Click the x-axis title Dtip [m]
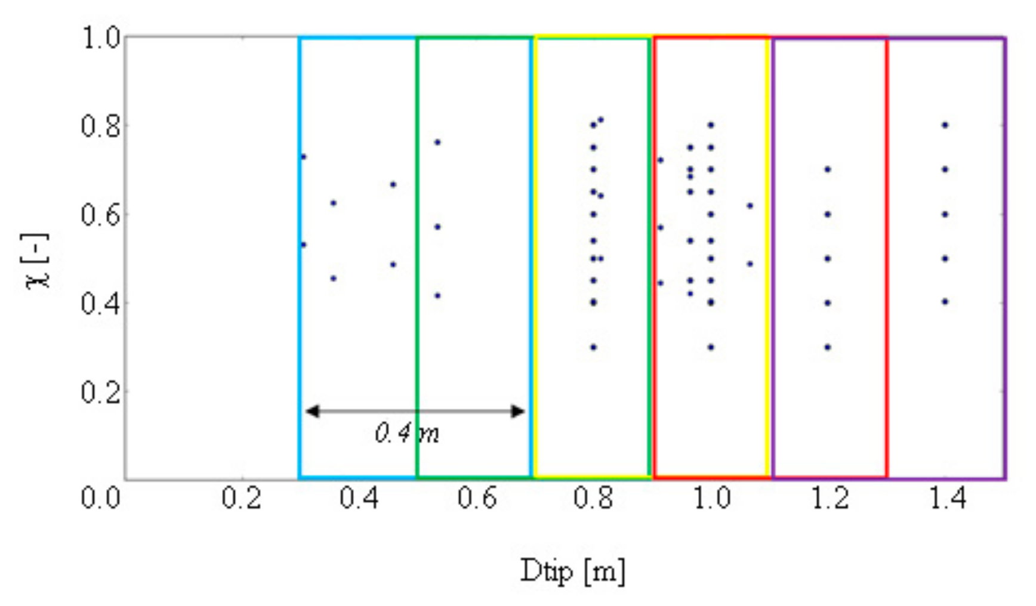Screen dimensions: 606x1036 click(572, 571)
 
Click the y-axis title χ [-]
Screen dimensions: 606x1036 click(37, 261)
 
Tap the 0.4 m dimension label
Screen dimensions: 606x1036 click(407, 433)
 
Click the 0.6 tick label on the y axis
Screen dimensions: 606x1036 click(101, 214)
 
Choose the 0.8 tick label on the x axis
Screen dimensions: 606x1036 click(593, 497)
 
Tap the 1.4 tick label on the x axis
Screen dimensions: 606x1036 click(948, 497)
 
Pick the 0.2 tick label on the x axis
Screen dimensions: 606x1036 click(241, 497)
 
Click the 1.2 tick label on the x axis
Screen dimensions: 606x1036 click(830, 497)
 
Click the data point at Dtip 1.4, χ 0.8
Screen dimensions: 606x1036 click(945, 125)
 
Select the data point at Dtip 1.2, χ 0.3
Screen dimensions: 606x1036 click(828, 347)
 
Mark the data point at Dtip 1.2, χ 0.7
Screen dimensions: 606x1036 click(828, 169)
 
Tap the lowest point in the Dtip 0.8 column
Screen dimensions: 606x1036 click(593, 347)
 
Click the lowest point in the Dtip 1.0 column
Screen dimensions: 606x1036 click(711, 347)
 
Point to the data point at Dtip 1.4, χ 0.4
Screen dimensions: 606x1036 click(945, 302)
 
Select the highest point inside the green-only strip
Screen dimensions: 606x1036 click(437, 142)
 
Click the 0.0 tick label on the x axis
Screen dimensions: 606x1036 click(101, 497)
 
